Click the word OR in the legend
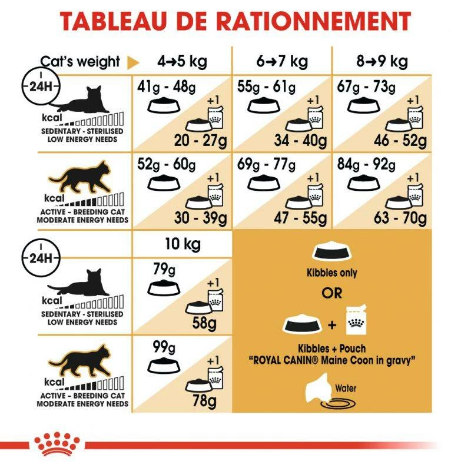tap(331, 293)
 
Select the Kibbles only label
tap(331, 273)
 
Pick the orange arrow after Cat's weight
tap(133, 62)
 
